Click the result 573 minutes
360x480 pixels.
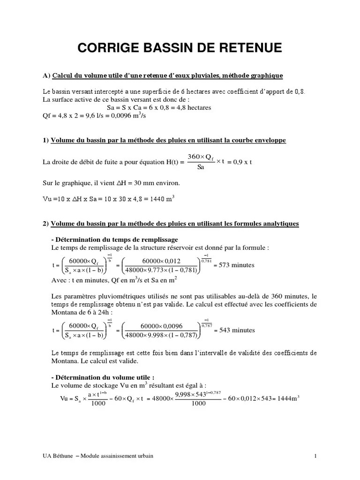[x=234, y=265]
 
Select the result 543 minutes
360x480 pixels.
[x=234, y=330]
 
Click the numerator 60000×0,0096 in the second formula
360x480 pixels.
[x=161, y=326]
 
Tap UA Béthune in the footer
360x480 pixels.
[x=57, y=456]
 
